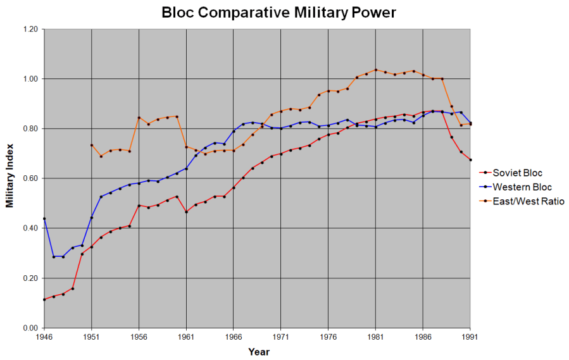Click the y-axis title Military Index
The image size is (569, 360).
pos(10,179)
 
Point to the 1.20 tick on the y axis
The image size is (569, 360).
pos(30,29)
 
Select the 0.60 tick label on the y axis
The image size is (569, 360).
pos(30,178)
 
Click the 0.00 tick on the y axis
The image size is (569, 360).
pos(30,328)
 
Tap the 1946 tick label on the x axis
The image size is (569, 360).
pos(44,338)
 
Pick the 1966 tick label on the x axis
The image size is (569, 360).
pos(234,338)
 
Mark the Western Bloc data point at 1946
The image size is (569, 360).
pos(44,218)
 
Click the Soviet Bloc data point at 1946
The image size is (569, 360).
pos(44,299)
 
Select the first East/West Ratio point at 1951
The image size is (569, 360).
pos(92,145)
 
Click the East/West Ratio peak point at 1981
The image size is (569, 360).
pos(376,70)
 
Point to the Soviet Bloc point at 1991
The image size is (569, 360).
pos(470,160)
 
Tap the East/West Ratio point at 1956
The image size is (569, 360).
pos(139,118)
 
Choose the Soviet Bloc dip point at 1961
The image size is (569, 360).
pos(186,212)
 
